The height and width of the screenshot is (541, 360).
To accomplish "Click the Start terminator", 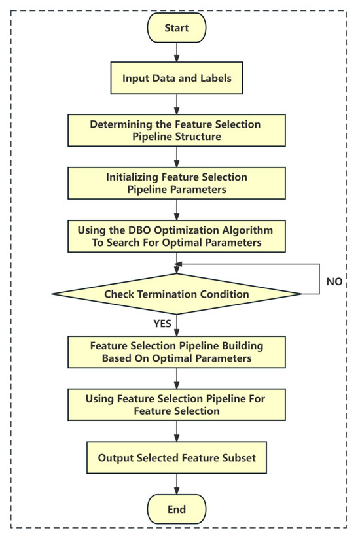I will (177, 28).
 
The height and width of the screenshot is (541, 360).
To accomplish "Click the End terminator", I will (177, 509).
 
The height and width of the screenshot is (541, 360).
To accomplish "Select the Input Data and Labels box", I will (177, 79).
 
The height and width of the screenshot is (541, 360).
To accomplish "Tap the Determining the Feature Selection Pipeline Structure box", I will (177, 130).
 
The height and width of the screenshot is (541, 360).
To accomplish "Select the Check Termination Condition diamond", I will (177, 294).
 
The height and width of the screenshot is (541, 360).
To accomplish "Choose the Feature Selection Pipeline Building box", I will (177, 351).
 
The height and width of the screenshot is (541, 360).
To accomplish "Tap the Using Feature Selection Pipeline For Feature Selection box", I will (177, 404).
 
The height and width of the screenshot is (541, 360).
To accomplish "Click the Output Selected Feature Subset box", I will (177, 458).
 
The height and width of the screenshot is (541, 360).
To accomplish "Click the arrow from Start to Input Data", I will (177, 53).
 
